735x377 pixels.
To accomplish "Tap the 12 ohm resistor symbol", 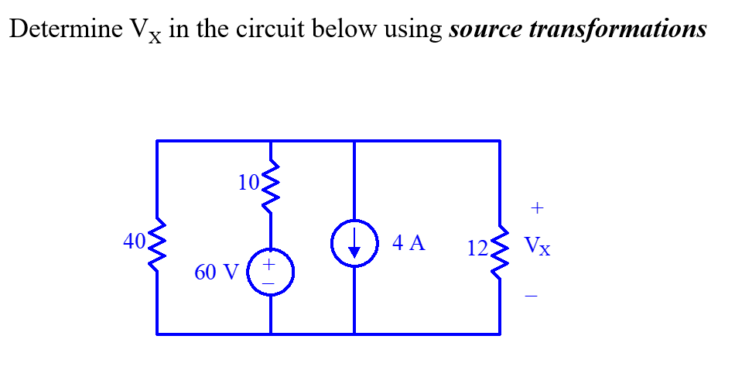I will [x=499, y=250].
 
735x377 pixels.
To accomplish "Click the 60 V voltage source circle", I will [x=270, y=273].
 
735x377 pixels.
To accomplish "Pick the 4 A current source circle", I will [x=354, y=244].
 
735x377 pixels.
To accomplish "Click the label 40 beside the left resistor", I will [x=134, y=242].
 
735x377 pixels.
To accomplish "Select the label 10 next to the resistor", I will [x=249, y=183].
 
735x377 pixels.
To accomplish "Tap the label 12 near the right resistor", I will [x=477, y=248].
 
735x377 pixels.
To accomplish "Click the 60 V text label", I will [x=217, y=272].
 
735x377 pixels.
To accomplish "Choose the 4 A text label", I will [x=409, y=243].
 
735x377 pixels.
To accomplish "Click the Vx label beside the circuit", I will [x=538, y=247].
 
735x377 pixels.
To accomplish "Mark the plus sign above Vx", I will [x=538, y=208].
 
